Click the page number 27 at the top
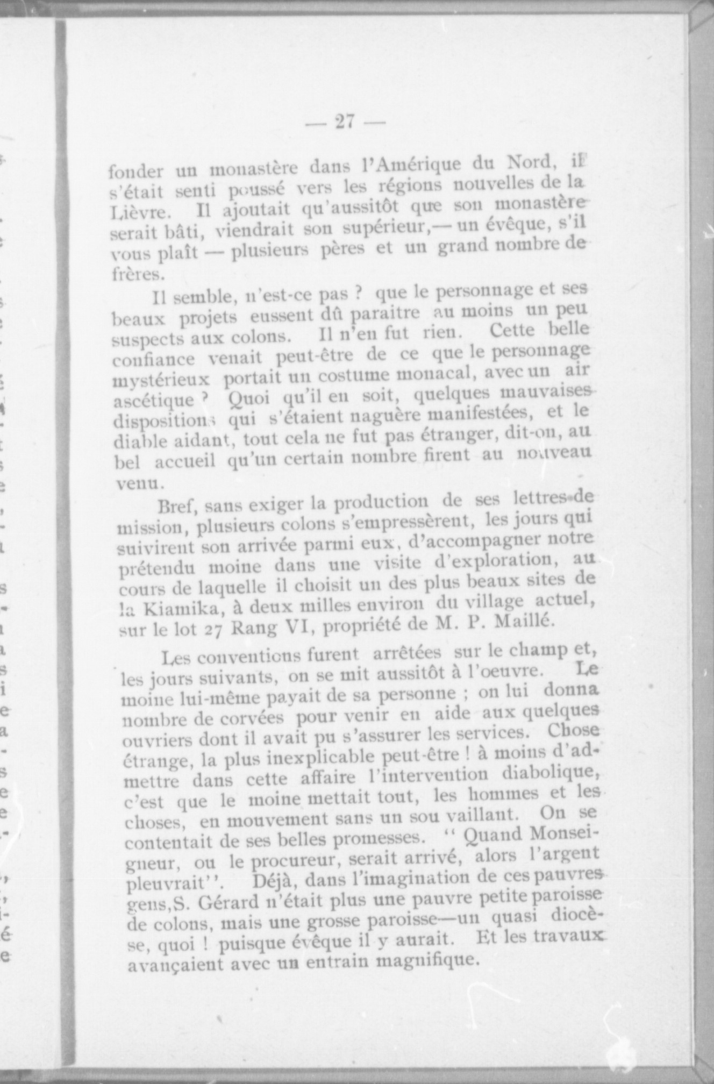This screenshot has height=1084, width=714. [345, 122]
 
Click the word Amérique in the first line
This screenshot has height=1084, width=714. [417, 163]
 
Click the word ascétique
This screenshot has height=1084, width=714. [154, 401]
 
